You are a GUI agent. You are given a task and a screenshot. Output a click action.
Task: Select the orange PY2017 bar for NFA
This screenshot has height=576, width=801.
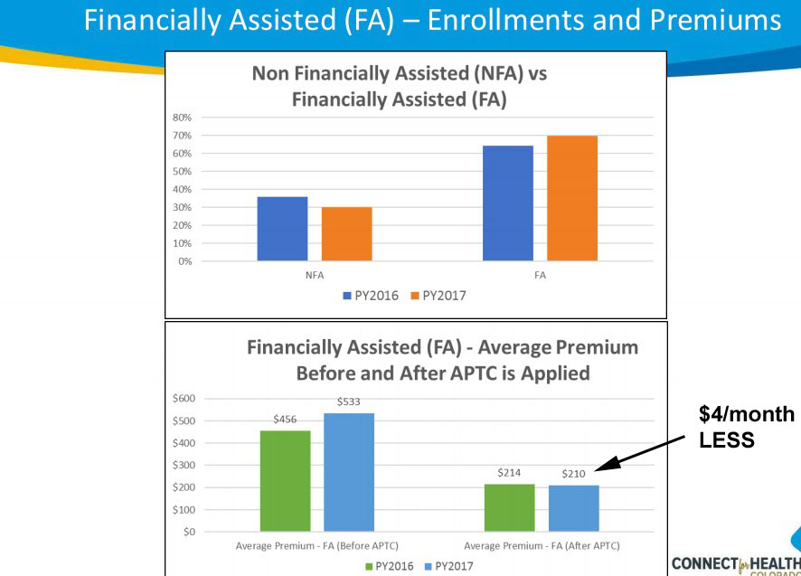coord(346,234)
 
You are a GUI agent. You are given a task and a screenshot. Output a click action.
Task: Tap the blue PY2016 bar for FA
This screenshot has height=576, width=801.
coord(507,203)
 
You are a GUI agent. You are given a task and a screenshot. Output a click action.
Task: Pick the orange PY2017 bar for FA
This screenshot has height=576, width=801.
coord(571,198)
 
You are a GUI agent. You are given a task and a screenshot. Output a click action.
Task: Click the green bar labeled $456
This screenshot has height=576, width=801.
coord(285,480)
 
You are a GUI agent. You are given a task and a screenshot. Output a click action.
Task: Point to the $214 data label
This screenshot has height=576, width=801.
coord(510,472)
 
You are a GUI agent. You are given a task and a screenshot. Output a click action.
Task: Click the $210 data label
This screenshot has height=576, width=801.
coord(574,473)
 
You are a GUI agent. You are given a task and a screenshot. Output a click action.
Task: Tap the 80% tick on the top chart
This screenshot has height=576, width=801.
coord(182,118)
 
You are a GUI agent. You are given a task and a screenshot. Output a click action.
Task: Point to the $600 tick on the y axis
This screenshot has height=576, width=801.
coord(184,399)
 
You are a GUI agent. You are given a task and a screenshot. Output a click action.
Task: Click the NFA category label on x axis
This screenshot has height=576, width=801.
coord(315,274)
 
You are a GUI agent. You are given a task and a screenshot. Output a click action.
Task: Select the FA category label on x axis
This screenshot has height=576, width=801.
coord(540,274)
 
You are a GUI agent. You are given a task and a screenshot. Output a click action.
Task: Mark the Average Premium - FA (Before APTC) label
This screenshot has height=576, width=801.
coord(316,545)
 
